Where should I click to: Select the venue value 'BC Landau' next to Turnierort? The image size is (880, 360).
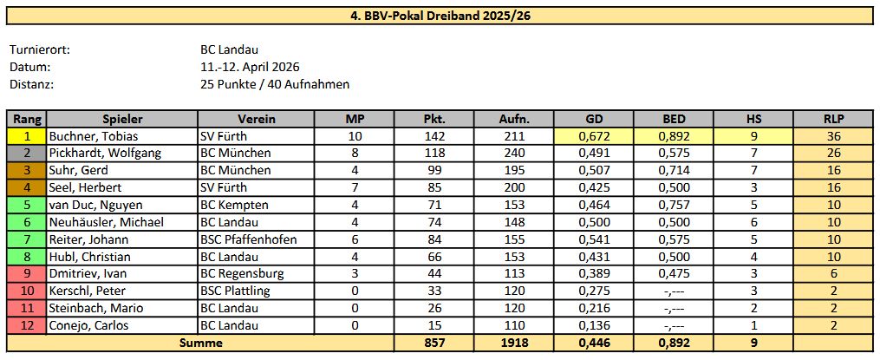pyautogui.click(x=229, y=50)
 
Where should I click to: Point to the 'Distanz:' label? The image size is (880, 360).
pyautogui.click(x=32, y=84)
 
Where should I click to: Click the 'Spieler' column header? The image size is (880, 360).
pyautogui.click(x=122, y=119)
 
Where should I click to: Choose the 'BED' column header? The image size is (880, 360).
pyautogui.click(x=674, y=119)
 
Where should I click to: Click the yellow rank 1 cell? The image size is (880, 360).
pyautogui.click(x=27, y=136)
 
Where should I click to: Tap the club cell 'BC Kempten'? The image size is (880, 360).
pyautogui.click(x=234, y=205)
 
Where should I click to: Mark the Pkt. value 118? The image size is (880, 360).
pyautogui.click(x=434, y=153)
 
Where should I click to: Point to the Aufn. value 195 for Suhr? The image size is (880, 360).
pyautogui.click(x=514, y=170)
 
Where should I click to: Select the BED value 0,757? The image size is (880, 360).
pyautogui.click(x=674, y=205)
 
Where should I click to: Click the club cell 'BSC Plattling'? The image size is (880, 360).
pyautogui.click(x=236, y=291)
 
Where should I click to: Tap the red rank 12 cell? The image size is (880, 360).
pyautogui.click(x=27, y=325)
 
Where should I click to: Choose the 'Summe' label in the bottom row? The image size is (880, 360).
pyautogui.click(x=200, y=343)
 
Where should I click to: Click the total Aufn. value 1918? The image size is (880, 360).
pyautogui.click(x=514, y=343)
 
